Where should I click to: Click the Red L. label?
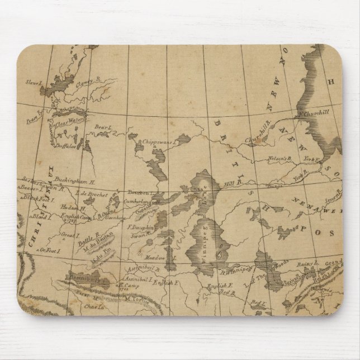coord(258,302)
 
